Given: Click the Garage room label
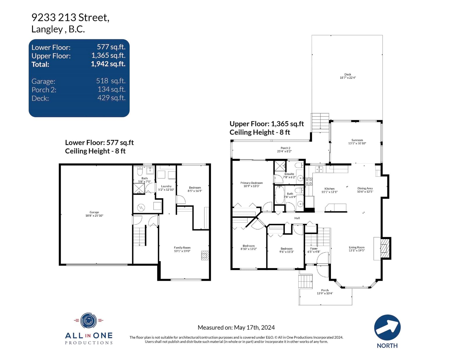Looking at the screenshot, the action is [94, 212].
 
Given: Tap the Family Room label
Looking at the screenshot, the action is [182, 247].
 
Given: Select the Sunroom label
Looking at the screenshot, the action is [357, 140].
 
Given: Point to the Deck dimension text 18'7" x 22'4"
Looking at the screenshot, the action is [348, 78].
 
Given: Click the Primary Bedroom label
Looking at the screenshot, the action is [252, 183].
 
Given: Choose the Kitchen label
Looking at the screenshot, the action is [329, 189].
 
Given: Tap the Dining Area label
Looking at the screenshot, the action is [365, 188].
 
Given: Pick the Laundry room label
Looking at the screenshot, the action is [166, 186].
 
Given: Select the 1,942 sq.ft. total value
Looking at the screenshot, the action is [108, 64].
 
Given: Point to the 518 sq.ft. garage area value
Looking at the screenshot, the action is [111, 81].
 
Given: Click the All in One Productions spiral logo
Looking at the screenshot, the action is [88, 321].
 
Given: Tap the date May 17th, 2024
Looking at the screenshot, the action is [254, 327].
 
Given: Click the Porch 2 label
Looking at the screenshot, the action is [285, 148].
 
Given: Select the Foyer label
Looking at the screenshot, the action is [314, 249].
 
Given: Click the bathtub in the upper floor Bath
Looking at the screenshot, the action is [280, 195].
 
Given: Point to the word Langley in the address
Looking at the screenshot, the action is [47, 29].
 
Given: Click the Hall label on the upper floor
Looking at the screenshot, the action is [297, 218].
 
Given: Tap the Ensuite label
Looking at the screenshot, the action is [289, 174].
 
